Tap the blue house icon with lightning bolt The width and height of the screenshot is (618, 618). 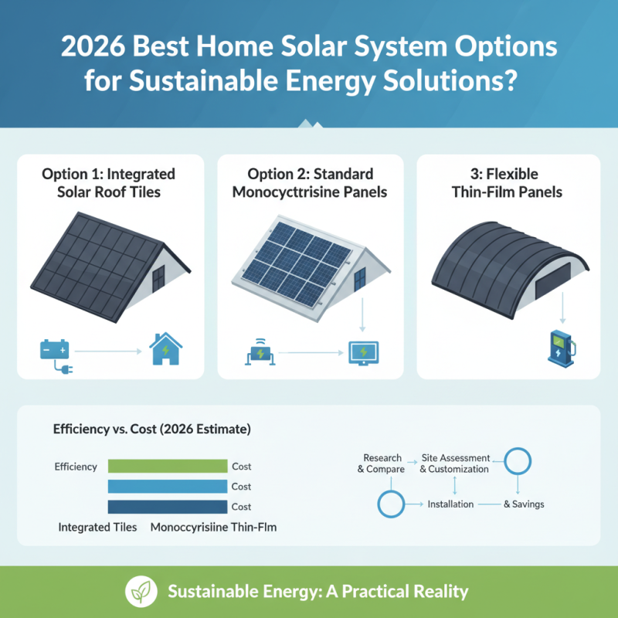(x=165, y=348)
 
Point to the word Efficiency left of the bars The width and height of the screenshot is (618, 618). (x=76, y=467)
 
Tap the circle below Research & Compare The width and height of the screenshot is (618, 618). (x=391, y=504)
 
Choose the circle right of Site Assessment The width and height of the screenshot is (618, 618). (x=517, y=462)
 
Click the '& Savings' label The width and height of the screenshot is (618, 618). (x=524, y=504)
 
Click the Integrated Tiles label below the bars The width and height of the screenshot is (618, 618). (x=97, y=528)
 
